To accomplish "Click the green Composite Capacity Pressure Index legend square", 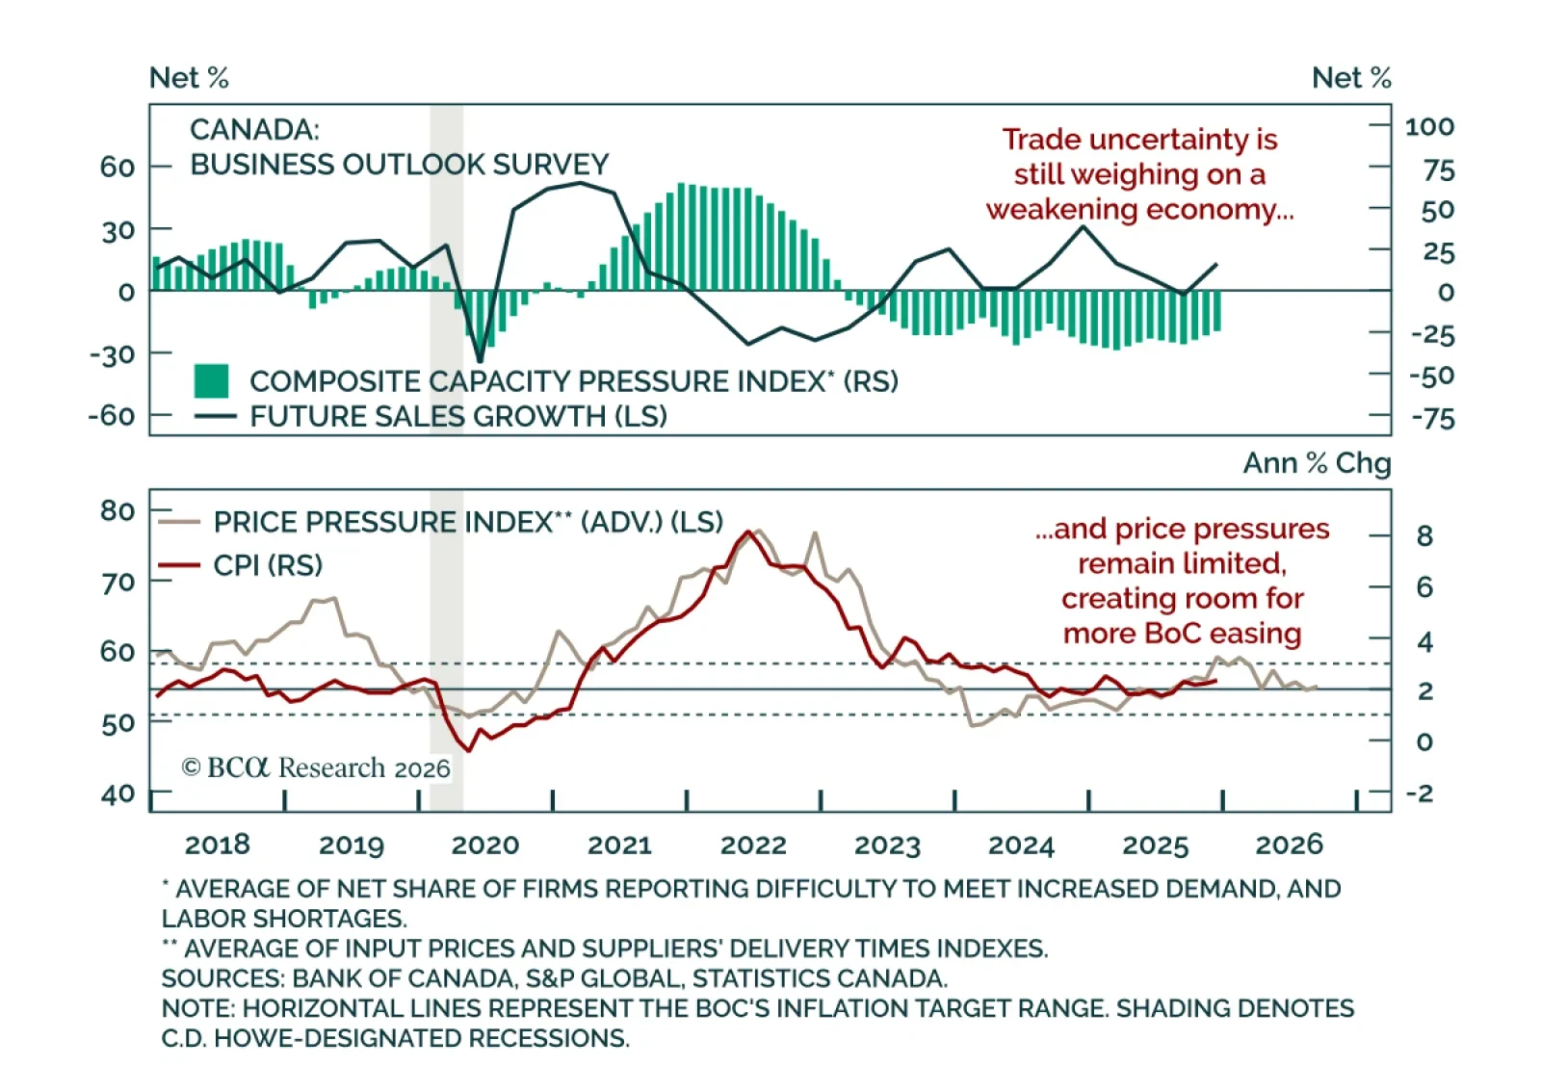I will pyautogui.click(x=211, y=381).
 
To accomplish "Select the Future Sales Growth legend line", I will pyautogui.click(x=215, y=417).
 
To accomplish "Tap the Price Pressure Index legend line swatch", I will pyautogui.click(x=179, y=522).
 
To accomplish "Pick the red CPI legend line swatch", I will pyautogui.click(x=179, y=565).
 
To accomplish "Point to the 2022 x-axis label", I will pyautogui.click(x=753, y=845).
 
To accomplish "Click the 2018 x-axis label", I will pyautogui.click(x=217, y=845).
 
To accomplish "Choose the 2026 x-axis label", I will pyautogui.click(x=1289, y=845).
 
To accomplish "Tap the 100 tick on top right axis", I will pyautogui.click(x=1429, y=126).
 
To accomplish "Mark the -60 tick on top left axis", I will pyautogui.click(x=112, y=416).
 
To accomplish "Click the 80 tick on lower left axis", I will pyautogui.click(x=118, y=510).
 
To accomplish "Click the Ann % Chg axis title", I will pyautogui.click(x=1317, y=463).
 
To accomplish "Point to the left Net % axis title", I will pyautogui.click(x=189, y=78).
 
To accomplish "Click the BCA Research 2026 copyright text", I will pyautogui.click(x=316, y=767).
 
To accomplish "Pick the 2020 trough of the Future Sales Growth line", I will pyautogui.click(x=480, y=361).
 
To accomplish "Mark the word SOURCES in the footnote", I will pyautogui.click(x=222, y=978).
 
